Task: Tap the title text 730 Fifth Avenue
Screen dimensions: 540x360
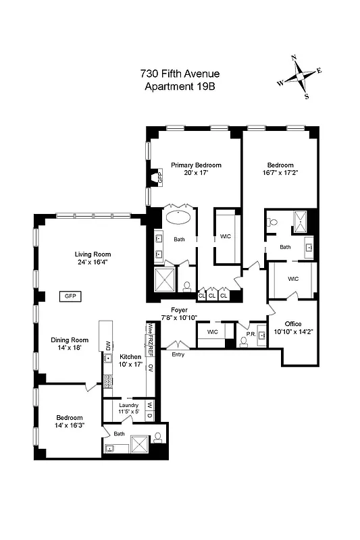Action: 180,74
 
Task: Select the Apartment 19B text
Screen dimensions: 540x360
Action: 180,86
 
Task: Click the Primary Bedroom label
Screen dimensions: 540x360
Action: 196,165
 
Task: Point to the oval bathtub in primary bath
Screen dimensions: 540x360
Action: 179,218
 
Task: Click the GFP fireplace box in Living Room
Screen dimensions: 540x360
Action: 69,296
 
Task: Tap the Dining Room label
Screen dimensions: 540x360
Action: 71,340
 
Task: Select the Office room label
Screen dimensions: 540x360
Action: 292,324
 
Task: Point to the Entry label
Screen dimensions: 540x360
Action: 178,354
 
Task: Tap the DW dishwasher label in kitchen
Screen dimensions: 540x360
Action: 107,346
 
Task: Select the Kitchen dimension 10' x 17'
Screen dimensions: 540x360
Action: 130,364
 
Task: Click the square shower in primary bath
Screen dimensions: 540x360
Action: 165,281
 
